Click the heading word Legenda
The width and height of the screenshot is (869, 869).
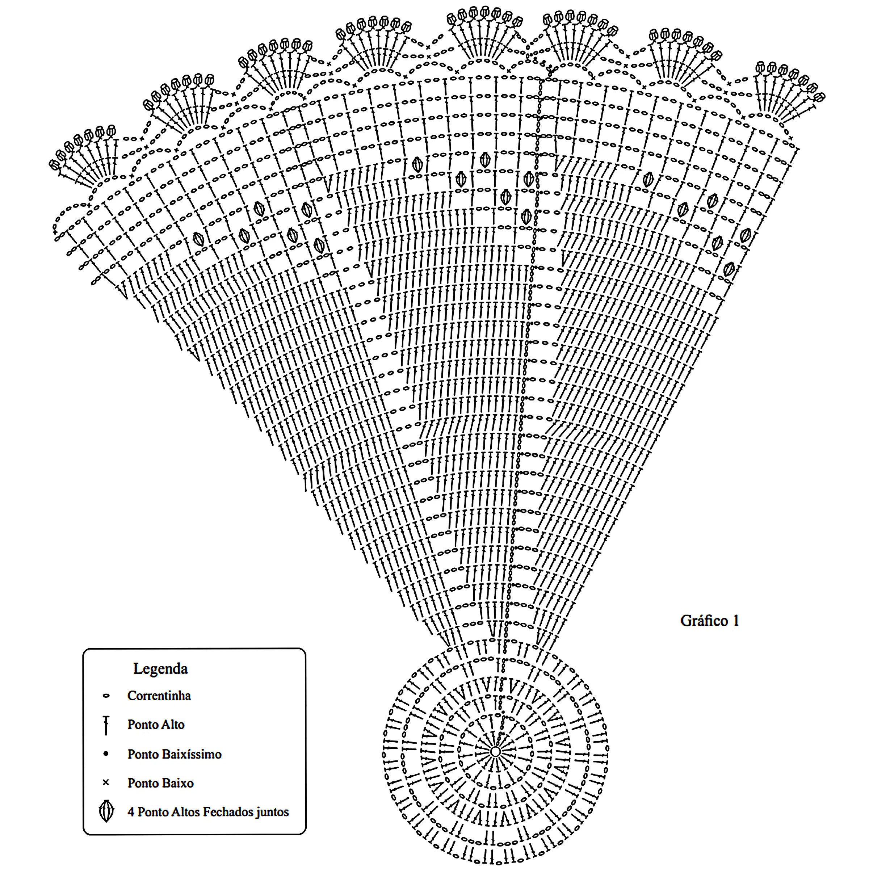pyautogui.click(x=160, y=668)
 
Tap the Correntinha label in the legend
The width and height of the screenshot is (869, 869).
pyautogui.click(x=159, y=696)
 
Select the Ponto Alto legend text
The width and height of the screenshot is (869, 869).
pyautogui.click(x=156, y=725)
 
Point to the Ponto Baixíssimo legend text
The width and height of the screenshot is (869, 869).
pyautogui.click(x=174, y=754)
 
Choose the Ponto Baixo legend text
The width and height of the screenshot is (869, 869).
pyautogui.click(x=160, y=783)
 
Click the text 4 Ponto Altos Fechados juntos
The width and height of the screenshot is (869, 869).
pyautogui.click(x=208, y=812)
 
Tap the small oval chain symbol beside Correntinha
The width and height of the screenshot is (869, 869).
pyautogui.click(x=106, y=696)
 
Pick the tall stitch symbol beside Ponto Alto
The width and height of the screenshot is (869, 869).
pyautogui.click(x=106, y=725)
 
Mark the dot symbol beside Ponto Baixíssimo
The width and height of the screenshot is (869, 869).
pyautogui.click(x=106, y=754)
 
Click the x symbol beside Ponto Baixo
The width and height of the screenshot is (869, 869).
pyautogui.click(x=106, y=782)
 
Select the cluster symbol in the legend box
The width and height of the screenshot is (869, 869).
pyautogui.click(x=106, y=811)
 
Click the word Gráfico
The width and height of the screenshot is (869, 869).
pyautogui.click(x=704, y=621)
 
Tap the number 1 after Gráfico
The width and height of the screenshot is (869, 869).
pyautogui.click(x=736, y=621)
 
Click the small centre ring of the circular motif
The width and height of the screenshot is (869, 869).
pyautogui.click(x=495, y=752)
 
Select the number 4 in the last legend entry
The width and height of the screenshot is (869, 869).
pyautogui.click(x=131, y=812)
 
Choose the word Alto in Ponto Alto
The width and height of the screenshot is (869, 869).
pyautogui.click(x=173, y=725)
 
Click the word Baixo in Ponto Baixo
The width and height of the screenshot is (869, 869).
pyautogui.click(x=178, y=783)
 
